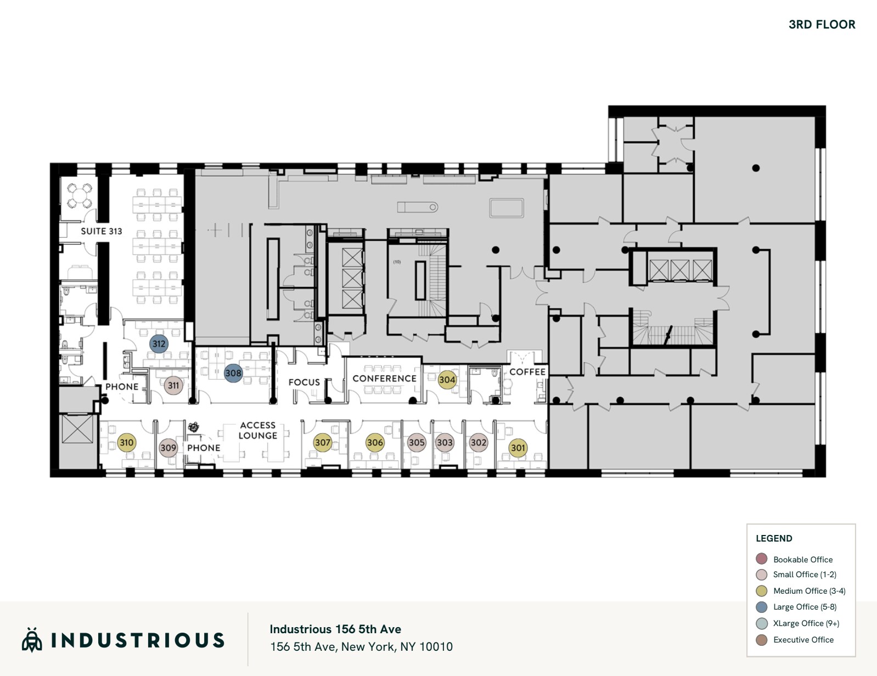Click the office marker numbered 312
coord(159,344)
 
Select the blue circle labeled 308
coord(233,373)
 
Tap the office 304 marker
coord(447,380)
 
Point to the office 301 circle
coord(518,448)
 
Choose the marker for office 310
coord(127,442)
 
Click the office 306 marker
coord(375,442)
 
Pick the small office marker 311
coord(173,385)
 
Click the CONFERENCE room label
coord(384,379)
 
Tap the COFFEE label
coord(527,372)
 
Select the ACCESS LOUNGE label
coord(258,430)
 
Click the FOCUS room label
coord(304,382)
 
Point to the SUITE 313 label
coord(102,231)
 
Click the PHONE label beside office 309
coord(204,448)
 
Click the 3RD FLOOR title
coord(822,25)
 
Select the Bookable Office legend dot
coord(761,559)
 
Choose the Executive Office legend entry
coord(803,640)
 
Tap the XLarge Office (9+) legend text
coord(806,623)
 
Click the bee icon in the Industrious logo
coord(32,640)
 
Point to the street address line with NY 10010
coord(361,647)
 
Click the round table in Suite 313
coord(80,195)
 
